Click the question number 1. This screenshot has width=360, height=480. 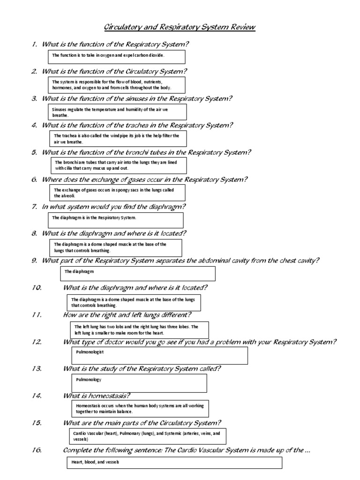[x=34, y=45]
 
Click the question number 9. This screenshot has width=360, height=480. [x=34, y=261]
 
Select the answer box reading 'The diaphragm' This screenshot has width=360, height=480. [x=138, y=273]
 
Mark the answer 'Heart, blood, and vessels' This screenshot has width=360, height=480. [x=96, y=462]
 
